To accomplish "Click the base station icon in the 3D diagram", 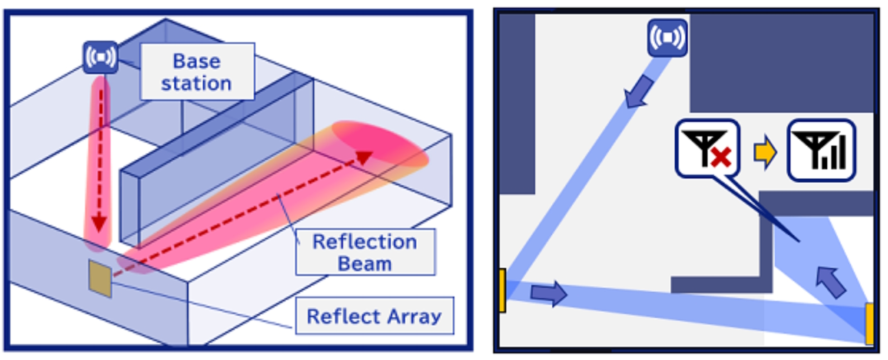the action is tap(100, 57).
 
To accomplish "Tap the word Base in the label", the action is tap(197, 61).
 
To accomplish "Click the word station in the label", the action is tap(197, 83).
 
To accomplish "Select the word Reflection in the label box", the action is tap(365, 242).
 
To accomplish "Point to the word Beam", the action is tap(365, 264).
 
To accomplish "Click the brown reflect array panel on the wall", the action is tap(100, 278).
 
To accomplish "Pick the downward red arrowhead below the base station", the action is tap(99, 223).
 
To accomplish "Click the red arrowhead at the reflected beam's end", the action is tap(364, 157).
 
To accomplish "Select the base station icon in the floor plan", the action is tap(667, 38).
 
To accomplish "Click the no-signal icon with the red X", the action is tap(707, 149).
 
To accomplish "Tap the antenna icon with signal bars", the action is tap(821, 150).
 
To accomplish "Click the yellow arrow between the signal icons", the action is tap(765, 152).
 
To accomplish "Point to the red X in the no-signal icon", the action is tap(721, 157).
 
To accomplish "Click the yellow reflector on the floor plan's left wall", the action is tap(502, 290).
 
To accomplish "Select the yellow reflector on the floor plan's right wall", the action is tap(870, 324).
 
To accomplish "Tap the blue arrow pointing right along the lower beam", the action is tap(549, 293).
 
